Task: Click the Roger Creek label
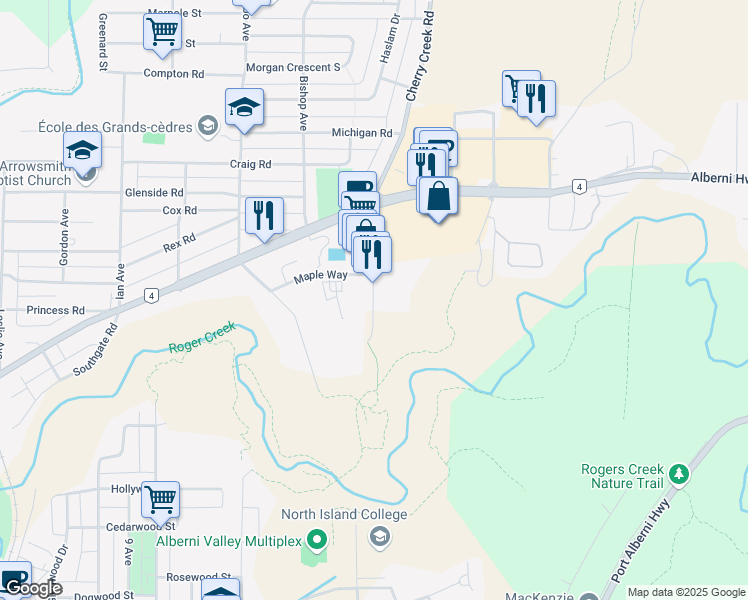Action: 202,337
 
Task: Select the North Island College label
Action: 344,515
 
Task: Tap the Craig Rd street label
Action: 251,163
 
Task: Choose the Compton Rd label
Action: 174,74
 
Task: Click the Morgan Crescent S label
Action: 295,67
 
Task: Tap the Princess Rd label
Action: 56,311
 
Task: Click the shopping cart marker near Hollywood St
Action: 160,498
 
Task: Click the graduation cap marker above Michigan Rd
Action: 244,106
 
